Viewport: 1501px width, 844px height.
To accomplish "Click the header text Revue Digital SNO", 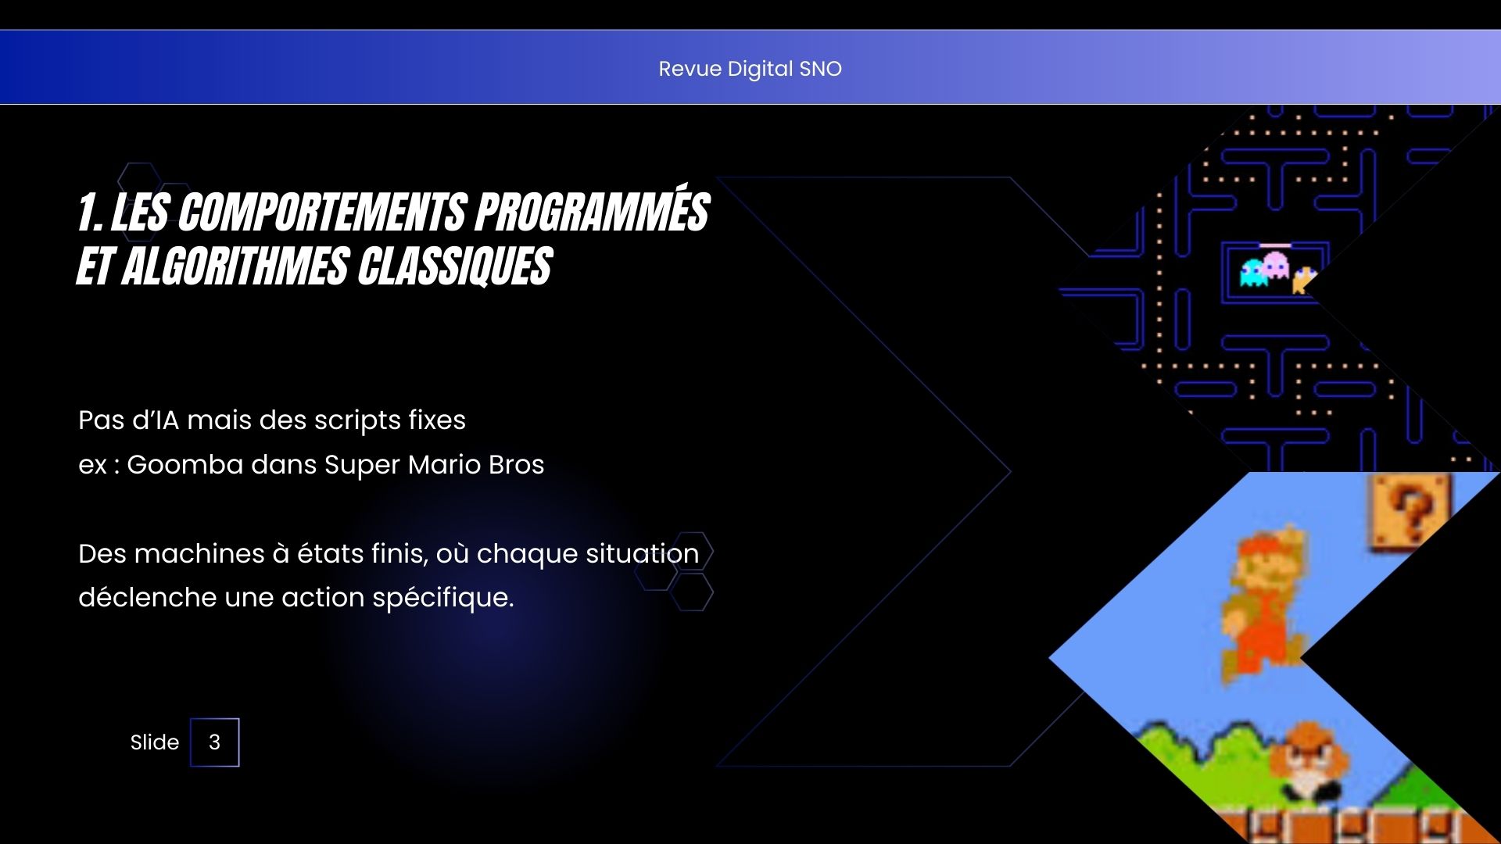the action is pyautogui.click(x=750, y=69).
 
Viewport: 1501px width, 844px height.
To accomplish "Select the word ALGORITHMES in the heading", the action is pyautogui.click(x=236, y=266).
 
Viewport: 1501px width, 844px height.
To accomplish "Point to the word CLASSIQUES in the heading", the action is pyautogui.click(x=456, y=266).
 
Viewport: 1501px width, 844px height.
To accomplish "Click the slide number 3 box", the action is pyautogui.click(x=215, y=742).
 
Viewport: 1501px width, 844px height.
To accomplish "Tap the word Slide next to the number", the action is pyautogui.click(x=155, y=742).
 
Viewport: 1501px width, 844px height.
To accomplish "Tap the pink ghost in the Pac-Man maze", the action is pyautogui.click(x=1276, y=266).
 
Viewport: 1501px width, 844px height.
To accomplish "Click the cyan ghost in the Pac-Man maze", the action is pyautogui.click(x=1254, y=273).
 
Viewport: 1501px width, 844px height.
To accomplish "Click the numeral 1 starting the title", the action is pyautogui.click(x=89, y=213).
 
